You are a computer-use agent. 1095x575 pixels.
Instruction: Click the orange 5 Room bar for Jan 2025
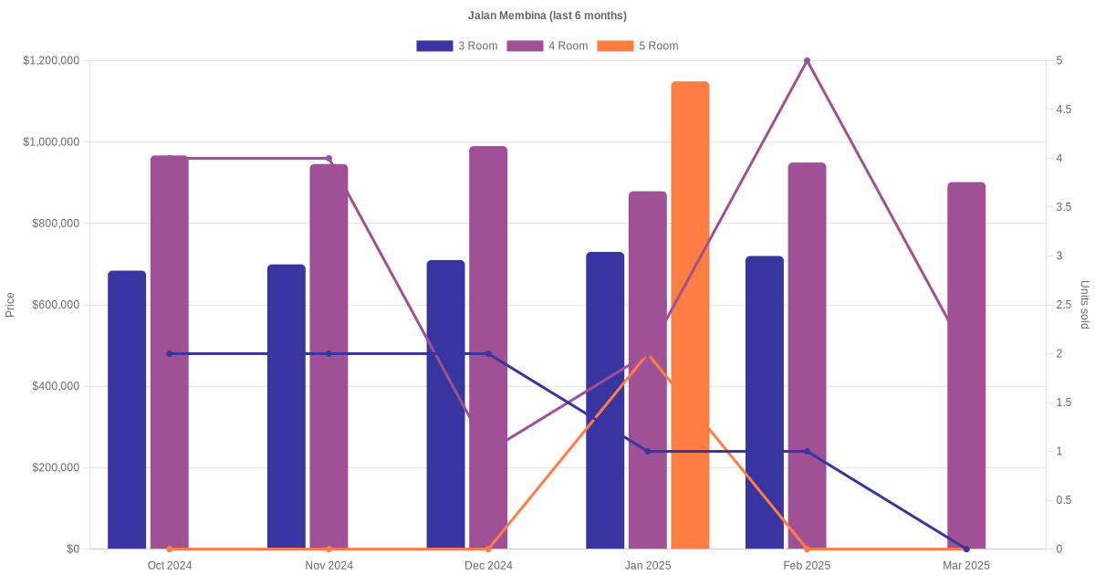click(x=690, y=315)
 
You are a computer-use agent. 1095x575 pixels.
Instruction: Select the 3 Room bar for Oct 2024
click(x=127, y=410)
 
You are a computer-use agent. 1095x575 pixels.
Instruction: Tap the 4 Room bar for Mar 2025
click(x=966, y=365)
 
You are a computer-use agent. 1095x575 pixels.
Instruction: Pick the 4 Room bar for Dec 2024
click(x=488, y=347)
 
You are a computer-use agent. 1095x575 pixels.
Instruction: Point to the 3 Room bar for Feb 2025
click(x=765, y=402)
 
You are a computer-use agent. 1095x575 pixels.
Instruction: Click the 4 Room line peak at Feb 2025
click(x=807, y=61)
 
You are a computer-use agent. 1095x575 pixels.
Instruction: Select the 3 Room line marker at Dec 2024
click(x=488, y=354)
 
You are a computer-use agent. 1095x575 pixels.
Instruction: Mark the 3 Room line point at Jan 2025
click(x=648, y=452)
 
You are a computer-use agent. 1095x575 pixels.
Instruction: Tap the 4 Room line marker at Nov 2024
click(x=328, y=159)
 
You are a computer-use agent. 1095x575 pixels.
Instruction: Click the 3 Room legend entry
click(x=457, y=46)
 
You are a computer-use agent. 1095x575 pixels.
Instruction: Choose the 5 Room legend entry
click(x=638, y=46)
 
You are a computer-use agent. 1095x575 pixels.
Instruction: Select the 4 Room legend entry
click(x=547, y=46)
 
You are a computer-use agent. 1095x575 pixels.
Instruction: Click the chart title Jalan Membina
click(x=547, y=16)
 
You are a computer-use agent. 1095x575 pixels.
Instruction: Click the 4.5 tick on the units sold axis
click(x=1064, y=110)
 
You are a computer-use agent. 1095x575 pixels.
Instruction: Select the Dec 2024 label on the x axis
click(x=488, y=566)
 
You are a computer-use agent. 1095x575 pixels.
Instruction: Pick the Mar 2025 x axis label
click(x=966, y=566)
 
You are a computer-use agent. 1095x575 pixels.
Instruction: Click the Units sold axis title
click(x=1084, y=305)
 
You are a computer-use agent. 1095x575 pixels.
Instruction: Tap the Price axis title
click(x=10, y=305)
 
